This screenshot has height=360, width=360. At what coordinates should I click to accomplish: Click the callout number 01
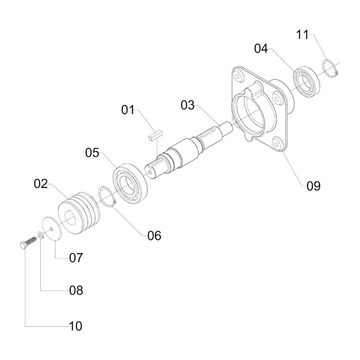click(127, 109)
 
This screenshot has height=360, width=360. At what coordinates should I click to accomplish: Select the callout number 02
click(41, 184)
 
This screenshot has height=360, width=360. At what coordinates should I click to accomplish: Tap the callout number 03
click(187, 105)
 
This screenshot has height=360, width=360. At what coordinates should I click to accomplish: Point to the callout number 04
click(261, 49)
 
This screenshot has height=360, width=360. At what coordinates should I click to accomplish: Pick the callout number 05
click(92, 153)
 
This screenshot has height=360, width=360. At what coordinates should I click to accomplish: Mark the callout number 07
click(76, 257)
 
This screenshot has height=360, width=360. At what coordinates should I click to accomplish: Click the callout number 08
click(76, 290)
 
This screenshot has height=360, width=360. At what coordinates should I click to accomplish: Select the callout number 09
click(313, 186)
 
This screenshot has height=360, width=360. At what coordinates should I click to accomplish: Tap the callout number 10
click(76, 326)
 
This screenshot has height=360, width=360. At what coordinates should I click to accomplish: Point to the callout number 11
click(303, 35)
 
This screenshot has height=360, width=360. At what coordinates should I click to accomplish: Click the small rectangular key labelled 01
click(156, 135)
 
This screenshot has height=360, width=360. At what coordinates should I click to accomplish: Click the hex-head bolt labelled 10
click(27, 243)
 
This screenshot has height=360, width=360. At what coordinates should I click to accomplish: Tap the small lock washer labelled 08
click(41, 236)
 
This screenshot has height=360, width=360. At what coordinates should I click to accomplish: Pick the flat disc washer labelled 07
click(52, 228)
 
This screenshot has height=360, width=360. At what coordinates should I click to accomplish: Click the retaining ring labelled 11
click(330, 68)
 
